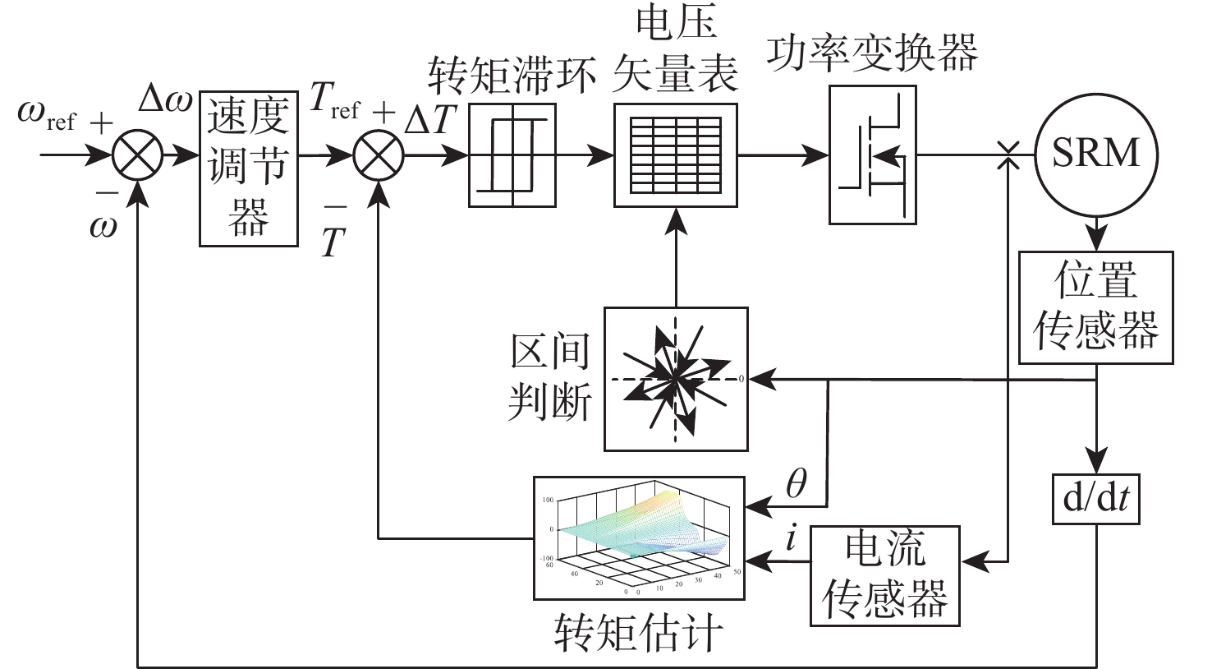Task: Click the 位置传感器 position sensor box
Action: [x=1096, y=307]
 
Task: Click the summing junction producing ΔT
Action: [x=379, y=155]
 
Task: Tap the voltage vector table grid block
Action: [x=676, y=155]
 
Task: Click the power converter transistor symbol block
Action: [x=871, y=155]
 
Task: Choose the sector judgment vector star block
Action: [x=676, y=379]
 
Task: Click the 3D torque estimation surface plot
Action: [x=639, y=538]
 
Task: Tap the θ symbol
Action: [x=796, y=486]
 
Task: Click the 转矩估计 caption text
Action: [x=639, y=635]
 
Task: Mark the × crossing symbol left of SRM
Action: [x=1007, y=155]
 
